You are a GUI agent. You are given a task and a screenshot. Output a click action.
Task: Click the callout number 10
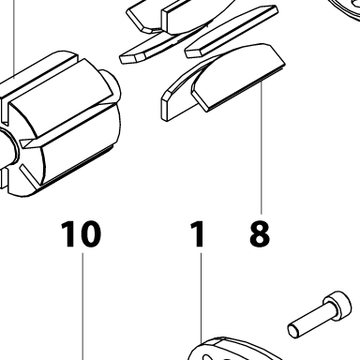82,233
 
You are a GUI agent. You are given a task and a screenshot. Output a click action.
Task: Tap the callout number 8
260,233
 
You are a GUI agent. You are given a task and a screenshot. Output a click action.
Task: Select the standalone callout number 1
198,233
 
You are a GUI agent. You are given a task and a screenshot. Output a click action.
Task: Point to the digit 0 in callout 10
91,233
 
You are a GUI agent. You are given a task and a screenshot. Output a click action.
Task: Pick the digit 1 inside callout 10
68,233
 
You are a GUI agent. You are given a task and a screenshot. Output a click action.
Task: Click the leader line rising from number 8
262,147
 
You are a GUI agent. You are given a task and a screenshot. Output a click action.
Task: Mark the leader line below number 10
83,307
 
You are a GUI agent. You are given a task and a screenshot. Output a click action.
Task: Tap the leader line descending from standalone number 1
201,297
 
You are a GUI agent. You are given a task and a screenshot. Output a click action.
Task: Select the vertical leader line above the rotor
14,38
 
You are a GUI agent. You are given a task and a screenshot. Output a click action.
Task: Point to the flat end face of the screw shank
293,330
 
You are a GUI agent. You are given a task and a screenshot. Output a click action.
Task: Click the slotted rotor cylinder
59,125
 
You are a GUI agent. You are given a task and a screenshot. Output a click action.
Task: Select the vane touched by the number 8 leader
238,78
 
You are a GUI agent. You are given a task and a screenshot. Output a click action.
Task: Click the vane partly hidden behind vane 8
179,94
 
